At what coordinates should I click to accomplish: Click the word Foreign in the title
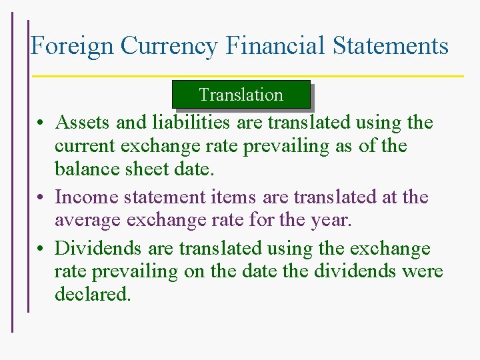pyautogui.click(x=73, y=46)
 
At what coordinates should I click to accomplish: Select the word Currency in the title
pyautogui.click(x=169, y=46)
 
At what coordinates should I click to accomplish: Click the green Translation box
pyautogui.click(x=241, y=95)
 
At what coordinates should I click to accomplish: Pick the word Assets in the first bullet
pyautogui.click(x=83, y=123)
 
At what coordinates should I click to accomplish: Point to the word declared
pyautogui.click(x=93, y=294)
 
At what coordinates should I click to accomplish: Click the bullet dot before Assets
pyautogui.click(x=41, y=124)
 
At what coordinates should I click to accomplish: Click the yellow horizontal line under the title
pyautogui.click(x=247, y=76)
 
